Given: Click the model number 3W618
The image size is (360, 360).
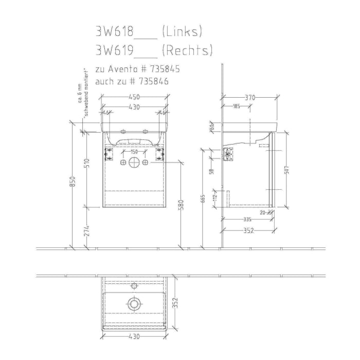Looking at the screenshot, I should [x=114, y=31].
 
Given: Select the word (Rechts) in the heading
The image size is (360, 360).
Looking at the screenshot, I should [x=187, y=50].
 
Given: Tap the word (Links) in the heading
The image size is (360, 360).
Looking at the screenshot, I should [x=182, y=31].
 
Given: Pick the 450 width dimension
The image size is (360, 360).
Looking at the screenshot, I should [x=134, y=97].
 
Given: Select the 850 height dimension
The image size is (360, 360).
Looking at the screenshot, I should [x=73, y=182].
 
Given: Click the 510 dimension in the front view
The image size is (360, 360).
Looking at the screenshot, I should [x=87, y=164].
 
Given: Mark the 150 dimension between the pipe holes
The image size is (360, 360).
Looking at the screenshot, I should [x=134, y=152].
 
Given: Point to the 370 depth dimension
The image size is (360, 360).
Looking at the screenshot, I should [x=250, y=97].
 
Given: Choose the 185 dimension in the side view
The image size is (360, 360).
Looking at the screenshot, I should [x=237, y=106].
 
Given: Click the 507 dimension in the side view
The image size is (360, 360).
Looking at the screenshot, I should [x=286, y=168].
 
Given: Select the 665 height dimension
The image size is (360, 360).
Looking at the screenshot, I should [x=204, y=199].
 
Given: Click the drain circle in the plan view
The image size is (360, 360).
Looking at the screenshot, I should [x=134, y=304].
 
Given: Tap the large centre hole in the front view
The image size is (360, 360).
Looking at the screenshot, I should [x=134, y=163].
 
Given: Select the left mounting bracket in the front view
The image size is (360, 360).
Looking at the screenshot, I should [x=109, y=153].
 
